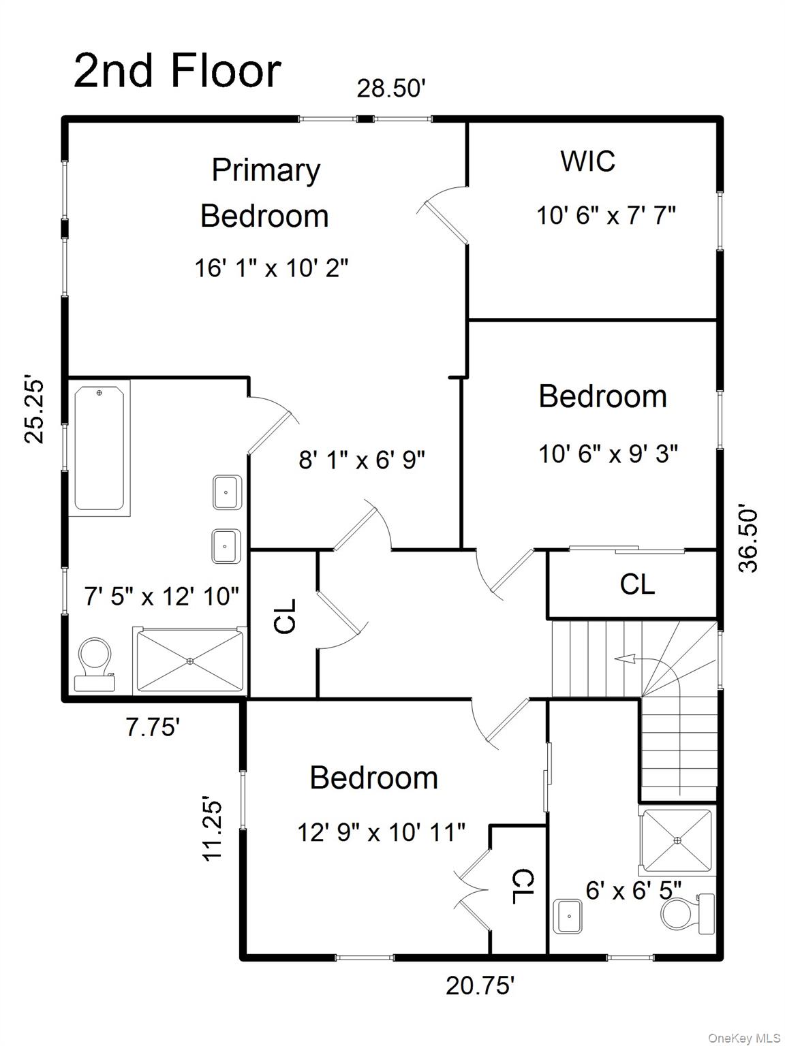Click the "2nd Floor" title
(177, 71)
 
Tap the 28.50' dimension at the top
(392, 89)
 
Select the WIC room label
(587, 161)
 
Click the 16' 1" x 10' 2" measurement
(271, 268)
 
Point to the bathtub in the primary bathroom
(99, 448)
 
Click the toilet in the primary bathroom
(94, 664)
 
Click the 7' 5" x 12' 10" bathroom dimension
(161, 597)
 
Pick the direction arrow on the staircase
(625, 659)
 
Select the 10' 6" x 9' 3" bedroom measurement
(608, 454)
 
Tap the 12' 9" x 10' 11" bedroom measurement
(381, 831)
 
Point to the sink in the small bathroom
(567, 916)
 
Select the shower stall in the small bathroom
(677, 840)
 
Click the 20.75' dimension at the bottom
(480, 985)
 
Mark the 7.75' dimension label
(153, 727)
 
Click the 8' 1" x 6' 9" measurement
(361, 460)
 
